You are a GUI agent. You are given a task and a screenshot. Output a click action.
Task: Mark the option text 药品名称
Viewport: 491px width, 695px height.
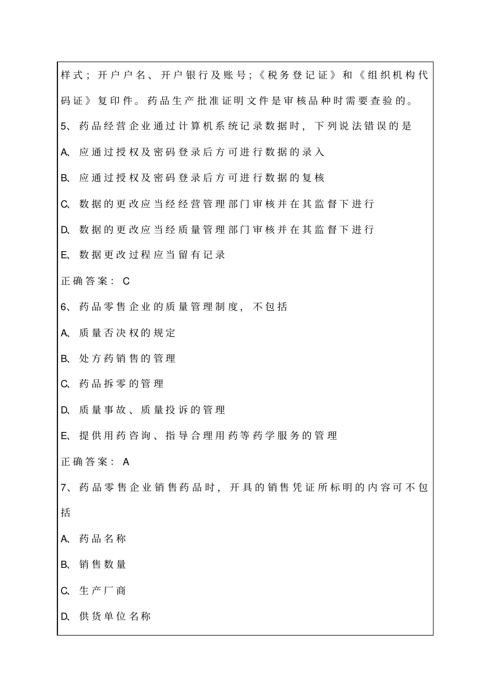coord(102,539)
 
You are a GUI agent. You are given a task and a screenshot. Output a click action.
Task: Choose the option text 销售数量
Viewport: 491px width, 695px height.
coord(102,565)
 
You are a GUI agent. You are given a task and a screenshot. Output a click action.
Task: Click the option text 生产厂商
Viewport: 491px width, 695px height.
coord(102,591)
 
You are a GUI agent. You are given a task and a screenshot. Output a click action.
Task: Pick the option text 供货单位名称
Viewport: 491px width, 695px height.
coord(115,616)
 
